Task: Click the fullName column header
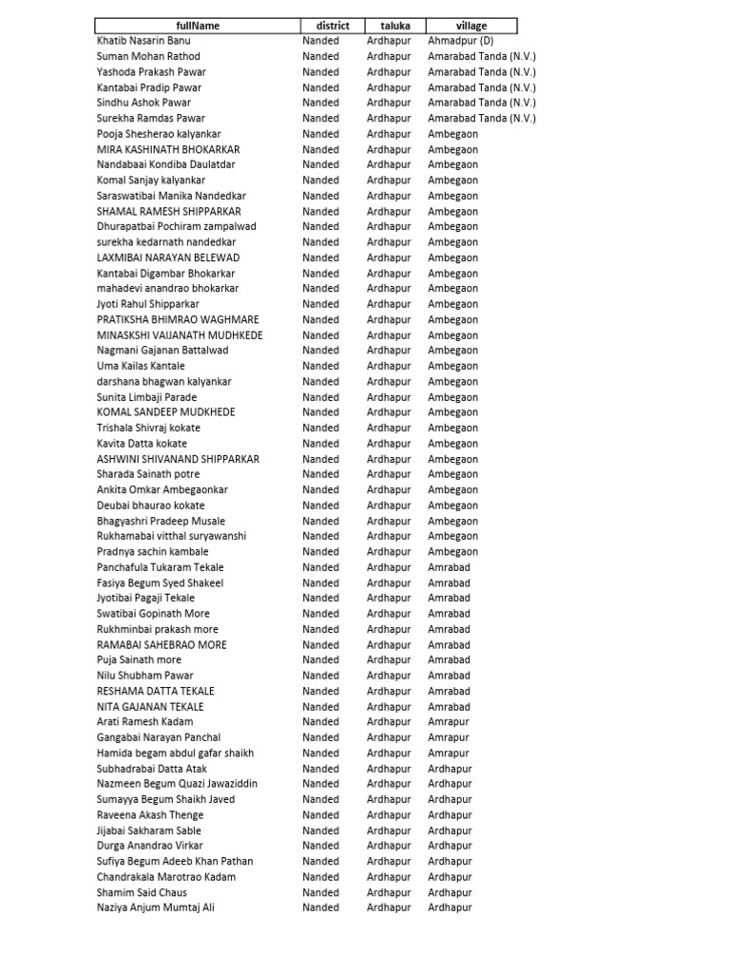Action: [198, 26]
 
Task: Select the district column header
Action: [333, 26]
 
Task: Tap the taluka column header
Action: [395, 26]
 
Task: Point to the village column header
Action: [471, 26]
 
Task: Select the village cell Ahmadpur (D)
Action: [460, 41]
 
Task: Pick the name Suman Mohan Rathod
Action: [148, 56]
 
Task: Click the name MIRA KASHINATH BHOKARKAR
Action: [168, 149]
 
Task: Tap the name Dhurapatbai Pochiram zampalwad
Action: [176, 226]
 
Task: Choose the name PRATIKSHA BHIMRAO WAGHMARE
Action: [178, 319]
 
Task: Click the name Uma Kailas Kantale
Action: [141, 366]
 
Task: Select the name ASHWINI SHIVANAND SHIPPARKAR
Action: [178, 459]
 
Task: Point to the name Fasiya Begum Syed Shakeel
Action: [160, 582]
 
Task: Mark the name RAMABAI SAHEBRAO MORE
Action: [162, 644]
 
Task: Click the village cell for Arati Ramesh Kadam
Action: [448, 722]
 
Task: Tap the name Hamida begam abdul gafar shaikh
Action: [175, 753]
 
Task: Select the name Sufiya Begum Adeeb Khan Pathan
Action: [175, 861]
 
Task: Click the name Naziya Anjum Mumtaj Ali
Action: [156, 907]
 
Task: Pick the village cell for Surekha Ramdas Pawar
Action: [481, 118]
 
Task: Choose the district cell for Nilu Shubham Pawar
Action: [320, 676]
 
